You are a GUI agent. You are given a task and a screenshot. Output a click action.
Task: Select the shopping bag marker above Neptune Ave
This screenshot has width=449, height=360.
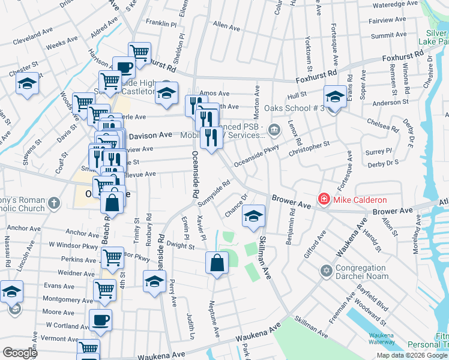(217, 262)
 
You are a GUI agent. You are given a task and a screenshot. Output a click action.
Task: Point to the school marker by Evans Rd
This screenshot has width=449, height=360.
(335, 95)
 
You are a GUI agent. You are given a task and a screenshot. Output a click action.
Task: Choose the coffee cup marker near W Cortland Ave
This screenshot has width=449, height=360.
(100, 319)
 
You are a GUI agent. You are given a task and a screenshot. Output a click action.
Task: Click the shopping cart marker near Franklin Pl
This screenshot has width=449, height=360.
(139, 52)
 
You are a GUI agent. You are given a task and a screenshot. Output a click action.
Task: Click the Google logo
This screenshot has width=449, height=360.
(20, 353)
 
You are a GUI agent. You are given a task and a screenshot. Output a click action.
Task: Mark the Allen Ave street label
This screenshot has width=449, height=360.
(226, 26)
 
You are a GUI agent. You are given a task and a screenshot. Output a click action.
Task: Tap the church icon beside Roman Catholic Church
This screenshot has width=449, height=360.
(54, 203)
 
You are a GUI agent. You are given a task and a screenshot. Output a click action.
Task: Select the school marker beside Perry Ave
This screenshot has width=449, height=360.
(154, 280)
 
